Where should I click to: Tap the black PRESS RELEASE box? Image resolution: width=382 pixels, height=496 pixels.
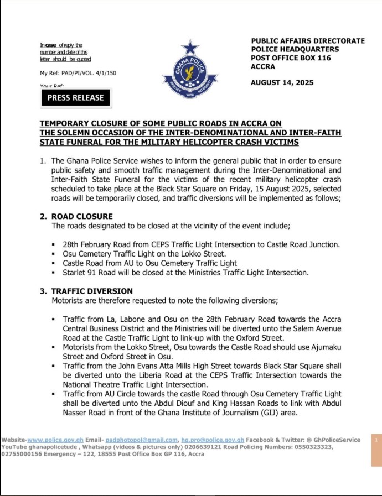point(76,97)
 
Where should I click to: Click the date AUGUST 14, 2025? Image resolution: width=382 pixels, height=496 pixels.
point(282,83)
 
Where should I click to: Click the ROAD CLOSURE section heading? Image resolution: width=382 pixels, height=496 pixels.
point(82,216)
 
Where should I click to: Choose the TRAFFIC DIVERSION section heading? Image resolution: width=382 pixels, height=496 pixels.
point(92,291)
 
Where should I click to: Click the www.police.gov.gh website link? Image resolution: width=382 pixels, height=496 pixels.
point(55,440)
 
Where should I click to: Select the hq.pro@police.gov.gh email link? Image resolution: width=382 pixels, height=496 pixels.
point(213,440)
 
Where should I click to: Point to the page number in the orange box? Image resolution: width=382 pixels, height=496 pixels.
point(376,440)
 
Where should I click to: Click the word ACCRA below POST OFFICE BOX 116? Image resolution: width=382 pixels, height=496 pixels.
point(263,67)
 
